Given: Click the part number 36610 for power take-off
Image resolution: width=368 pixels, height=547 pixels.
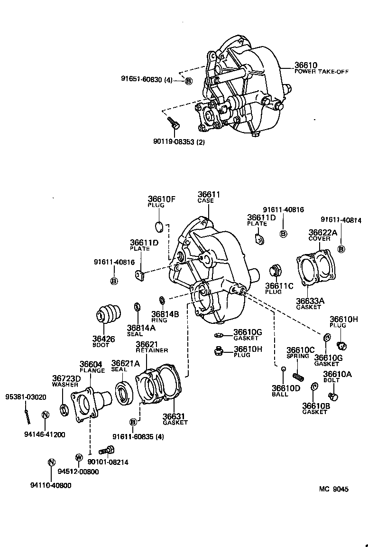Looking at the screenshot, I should point(305,65).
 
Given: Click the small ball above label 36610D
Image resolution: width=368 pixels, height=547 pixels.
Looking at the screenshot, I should point(283,369).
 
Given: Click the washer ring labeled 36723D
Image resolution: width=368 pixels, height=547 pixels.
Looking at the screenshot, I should point(64,409).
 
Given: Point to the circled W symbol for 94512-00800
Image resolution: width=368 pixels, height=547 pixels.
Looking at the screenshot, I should point(79,457).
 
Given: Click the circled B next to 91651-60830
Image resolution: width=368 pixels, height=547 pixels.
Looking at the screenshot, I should point(188,81).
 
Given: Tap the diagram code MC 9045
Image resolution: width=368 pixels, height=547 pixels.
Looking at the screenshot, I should point(333,490).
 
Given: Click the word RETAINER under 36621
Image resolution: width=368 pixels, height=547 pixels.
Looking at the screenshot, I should point(152,350).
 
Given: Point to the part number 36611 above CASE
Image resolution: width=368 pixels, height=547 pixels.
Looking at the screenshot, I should point(209,194).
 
